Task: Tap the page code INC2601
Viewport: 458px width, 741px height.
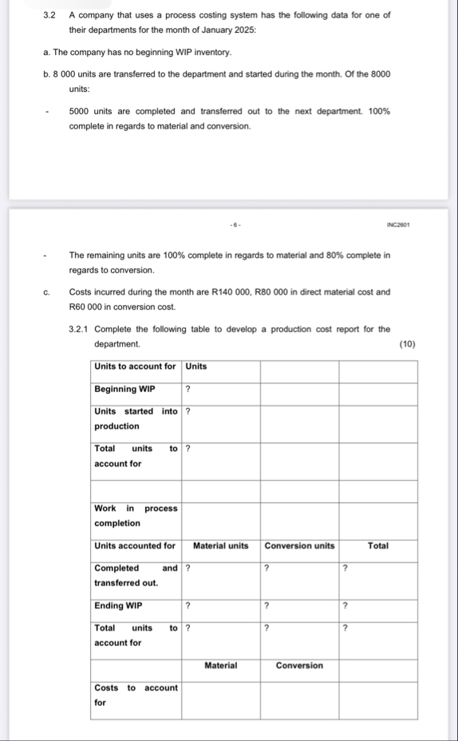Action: coord(398,225)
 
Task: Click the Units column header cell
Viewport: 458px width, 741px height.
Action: coord(196,367)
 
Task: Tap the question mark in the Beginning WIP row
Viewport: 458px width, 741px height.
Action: coord(188,389)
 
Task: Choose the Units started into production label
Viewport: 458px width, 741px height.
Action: coord(136,418)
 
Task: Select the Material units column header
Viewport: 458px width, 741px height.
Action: coord(221,546)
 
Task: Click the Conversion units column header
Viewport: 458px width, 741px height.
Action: coord(299,546)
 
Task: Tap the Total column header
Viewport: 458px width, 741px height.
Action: coord(378,546)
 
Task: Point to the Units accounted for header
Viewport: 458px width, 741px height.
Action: coord(135,546)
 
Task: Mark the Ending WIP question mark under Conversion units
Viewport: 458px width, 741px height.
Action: coord(267,606)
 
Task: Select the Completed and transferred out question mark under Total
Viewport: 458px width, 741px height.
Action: coord(345,569)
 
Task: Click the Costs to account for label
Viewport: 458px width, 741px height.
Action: coord(136,695)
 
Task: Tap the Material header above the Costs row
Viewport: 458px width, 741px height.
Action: coord(221,665)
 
